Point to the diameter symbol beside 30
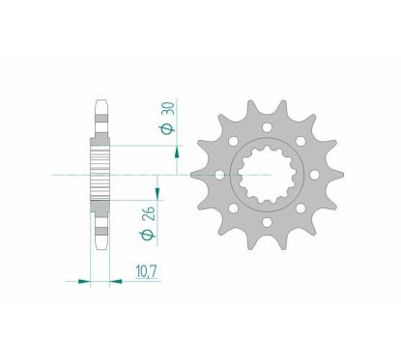click(166, 126)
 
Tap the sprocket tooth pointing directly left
click(196, 175)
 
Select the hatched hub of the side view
click(101, 175)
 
